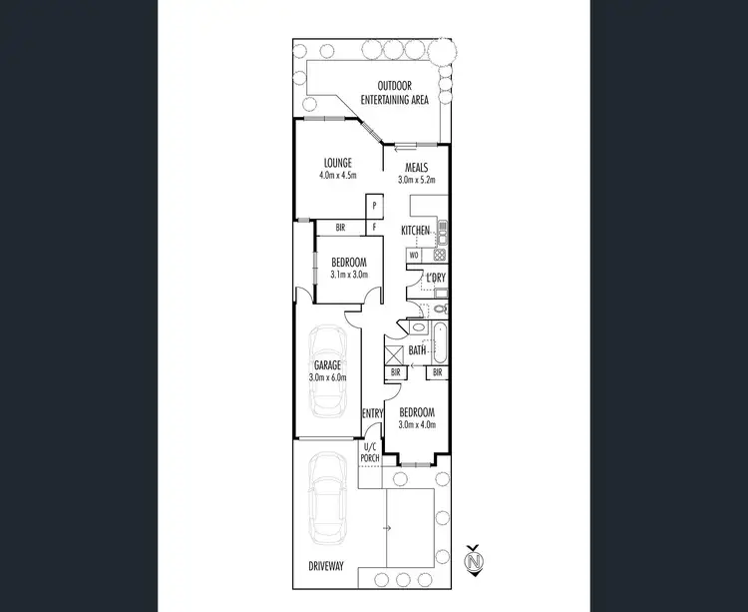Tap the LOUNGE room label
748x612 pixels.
[338, 163]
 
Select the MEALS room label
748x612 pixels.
[417, 168]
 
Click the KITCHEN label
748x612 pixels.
[415, 231]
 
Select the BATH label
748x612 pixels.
[417, 350]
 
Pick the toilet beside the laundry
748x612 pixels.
[441, 309]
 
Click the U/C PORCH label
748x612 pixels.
[371, 453]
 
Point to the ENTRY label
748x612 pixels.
[372, 413]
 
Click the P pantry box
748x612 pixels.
[375, 207]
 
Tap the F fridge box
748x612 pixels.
[375, 228]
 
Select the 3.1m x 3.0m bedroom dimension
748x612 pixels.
[349, 274]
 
